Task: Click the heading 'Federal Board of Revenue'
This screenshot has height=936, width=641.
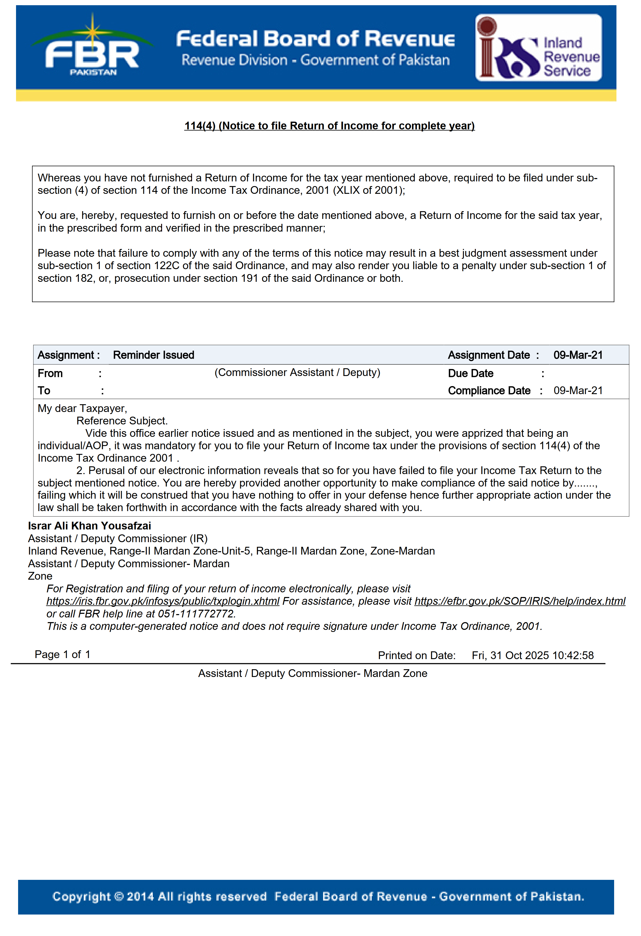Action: pyautogui.click(x=316, y=39)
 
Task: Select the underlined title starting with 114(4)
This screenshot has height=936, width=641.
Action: pyautogui.click(x=329, y=126)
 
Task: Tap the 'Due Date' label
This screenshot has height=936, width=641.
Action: pyautogui.click(x=470, y=373)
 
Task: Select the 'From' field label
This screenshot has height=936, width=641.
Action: pyautogui.click(x=50, y=373)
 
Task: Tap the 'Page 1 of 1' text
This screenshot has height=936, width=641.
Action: pyautogui.click(x=62, y=654)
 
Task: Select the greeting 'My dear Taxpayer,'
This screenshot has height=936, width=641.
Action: pyautogui.click(x=82, y=408)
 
